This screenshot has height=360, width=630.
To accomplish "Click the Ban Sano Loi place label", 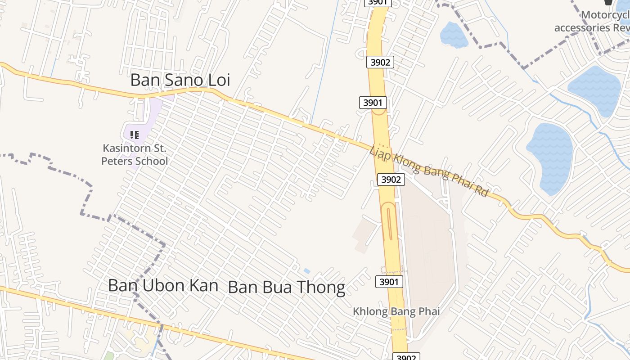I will pos(180,80).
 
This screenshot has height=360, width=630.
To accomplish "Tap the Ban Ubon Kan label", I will pos(163,285).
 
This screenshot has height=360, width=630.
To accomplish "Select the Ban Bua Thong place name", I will pos(287,287).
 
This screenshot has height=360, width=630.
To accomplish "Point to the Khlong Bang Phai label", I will pos(396,311).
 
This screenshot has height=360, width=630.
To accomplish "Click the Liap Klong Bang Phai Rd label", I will pos(428,171).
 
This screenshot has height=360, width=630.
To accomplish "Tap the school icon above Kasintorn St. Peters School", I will pos(134,135).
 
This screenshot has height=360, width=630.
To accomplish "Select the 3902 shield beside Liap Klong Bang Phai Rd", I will pos(391,180).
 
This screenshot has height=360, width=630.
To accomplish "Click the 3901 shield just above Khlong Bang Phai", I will pos(389,282).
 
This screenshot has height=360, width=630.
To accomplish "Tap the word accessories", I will pos(581,27).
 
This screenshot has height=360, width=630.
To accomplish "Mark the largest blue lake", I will pos(550,158).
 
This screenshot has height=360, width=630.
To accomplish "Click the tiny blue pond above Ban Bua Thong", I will pos(307,271).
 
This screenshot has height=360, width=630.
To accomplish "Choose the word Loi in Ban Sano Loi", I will pos(219,80).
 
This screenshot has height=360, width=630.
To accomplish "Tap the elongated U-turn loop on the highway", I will pos(388,221).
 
